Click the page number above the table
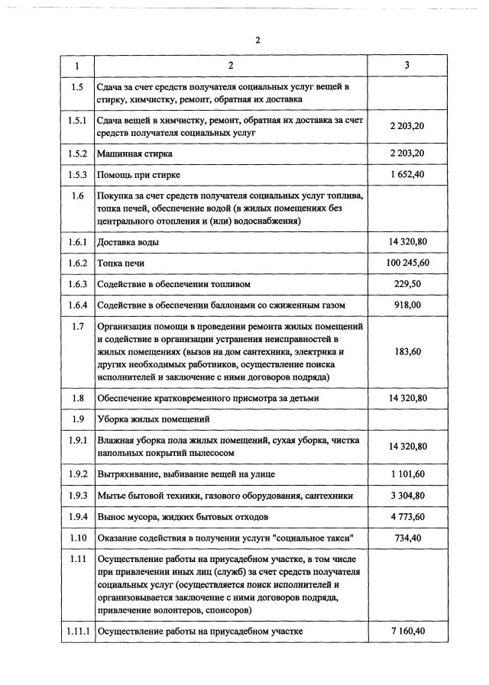coord(258,40)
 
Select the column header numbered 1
coord(76,66)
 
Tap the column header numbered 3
coord(407,66)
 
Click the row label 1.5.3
coord(76,175)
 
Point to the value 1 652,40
coord(407,175)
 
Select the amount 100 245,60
coord(407,263)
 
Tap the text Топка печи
coord(121,263)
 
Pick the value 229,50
coord(407,284)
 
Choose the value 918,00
coord(407,305)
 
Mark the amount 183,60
coord(407,351)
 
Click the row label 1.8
coord(76,398)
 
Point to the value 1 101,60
coord(407,474)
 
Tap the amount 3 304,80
coord(407,496)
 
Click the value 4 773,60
coord(407,517)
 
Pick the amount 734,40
coord(407,538)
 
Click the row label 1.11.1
coord(76,632)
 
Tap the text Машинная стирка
coord(134,153)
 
